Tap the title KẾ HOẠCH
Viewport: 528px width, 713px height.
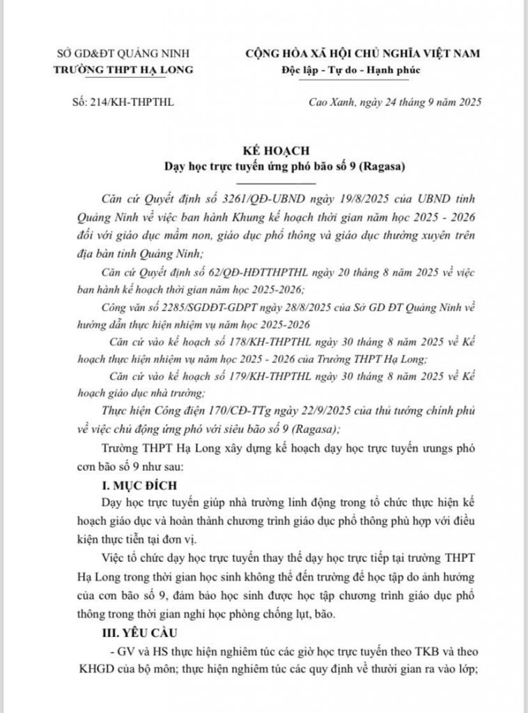pos(264,150)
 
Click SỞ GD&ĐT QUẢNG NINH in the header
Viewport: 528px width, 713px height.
pos(123,54)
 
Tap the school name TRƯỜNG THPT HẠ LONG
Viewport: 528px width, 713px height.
pos(123,69)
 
